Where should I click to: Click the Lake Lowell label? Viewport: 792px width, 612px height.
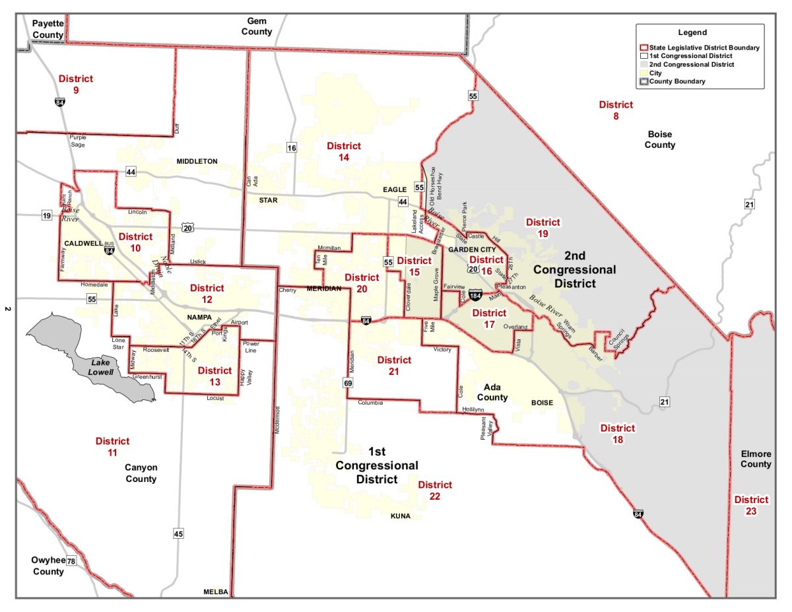(x=101, y=368)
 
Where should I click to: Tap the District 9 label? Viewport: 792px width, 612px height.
(x=75, y=85)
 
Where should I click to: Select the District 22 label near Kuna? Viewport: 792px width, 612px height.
(x=434, y=491)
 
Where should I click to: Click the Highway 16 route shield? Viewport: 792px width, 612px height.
(x=291, y=147)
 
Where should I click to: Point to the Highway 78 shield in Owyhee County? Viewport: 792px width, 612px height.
(x=71, y=561)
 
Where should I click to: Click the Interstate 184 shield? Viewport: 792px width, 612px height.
(x=475, y=292)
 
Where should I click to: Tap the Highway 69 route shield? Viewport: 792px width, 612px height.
(x=347, y=382)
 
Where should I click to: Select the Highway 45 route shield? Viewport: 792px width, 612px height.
(x=178, y=533)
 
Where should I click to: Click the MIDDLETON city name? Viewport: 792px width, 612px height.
(x=197, y=161)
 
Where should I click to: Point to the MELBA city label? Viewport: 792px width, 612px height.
(x=216, y=592)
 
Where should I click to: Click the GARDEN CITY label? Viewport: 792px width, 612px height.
(x=471, y=250)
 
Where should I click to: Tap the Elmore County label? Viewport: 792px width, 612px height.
(x=756, y=459)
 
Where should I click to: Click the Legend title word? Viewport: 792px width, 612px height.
(x=692, y=32)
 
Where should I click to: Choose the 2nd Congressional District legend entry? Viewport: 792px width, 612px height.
(x=692, y=65)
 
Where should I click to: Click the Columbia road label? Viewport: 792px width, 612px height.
(x=370, y=402)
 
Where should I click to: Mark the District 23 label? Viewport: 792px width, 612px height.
(x=751, y=505)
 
